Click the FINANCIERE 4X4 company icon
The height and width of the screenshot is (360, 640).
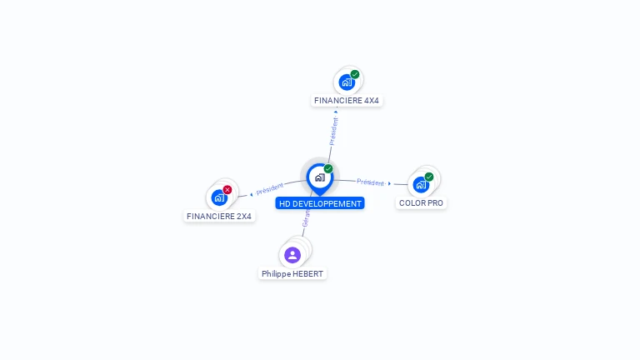[347, 82]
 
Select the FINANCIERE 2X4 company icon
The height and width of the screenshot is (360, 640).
[219, 197]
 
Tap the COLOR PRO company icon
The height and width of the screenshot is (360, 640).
[421, 184]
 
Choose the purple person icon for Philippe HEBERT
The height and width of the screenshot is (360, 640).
[292, 255]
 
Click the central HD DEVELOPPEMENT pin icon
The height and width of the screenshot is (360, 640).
[319, 177]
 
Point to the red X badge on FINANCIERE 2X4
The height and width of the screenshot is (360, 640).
[227, 189]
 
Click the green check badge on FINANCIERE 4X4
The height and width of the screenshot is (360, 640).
[355, 74]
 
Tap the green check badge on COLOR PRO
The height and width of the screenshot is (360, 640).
[429, 177]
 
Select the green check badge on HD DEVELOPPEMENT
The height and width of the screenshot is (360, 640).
[328, 169]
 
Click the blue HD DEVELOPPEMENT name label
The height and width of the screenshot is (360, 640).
[320, 203]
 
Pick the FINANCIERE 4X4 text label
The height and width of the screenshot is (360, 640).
[347, 101]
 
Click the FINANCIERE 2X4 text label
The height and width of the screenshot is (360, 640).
[219, 216]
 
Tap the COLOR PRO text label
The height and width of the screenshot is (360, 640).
[421, 202]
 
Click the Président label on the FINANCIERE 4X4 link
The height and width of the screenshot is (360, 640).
[334, 131]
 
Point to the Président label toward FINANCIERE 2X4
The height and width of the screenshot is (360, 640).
[270, 188]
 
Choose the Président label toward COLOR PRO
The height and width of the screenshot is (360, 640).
[370, 182]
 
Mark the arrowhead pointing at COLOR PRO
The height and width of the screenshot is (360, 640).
[389, 183]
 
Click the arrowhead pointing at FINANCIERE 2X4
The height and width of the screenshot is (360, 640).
[252, 195]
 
